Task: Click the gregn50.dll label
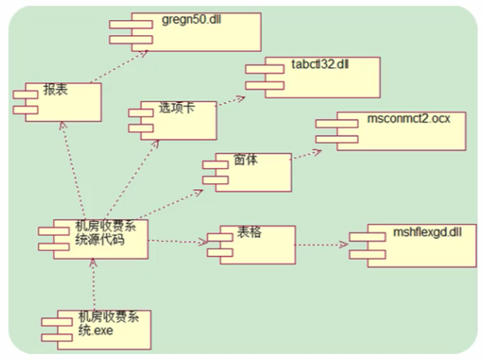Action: coord(189,21)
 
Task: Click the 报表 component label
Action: coord(55,89)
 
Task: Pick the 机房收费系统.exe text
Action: coord(106,323)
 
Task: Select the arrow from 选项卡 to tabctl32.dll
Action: coord(231,101)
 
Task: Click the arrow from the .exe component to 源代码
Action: coord(94,285)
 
